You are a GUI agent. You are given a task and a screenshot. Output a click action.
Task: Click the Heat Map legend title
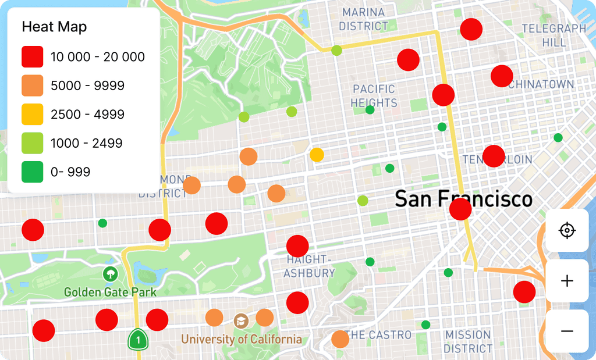coord(54,27)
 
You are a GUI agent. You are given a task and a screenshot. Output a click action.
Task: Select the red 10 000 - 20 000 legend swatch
coord(33,57)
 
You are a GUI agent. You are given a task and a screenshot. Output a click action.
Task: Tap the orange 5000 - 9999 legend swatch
coord(33,85)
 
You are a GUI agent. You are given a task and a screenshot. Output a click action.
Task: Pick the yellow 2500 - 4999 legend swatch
coord(33,115)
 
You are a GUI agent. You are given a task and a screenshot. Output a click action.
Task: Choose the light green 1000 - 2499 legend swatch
coord(33,143)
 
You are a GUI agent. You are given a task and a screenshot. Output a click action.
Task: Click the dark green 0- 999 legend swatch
coord(33,172)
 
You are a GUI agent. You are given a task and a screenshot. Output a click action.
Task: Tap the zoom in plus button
coord(567,281)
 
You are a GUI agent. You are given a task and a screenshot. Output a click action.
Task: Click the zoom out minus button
coord(567,331)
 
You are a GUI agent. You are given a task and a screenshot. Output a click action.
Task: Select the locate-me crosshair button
coord(567,231)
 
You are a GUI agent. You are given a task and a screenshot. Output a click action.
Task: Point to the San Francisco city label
coord(463,199)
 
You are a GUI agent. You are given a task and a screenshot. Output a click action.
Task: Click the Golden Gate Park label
coord(110,291)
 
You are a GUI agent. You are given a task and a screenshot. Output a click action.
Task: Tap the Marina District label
coord(363,19)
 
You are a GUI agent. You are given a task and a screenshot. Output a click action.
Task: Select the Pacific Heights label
coord(374,96)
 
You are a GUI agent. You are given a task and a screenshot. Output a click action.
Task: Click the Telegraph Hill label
coord(554,35)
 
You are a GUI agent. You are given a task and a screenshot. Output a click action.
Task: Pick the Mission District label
coord(468,342)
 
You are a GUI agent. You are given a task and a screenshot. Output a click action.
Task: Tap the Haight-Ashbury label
coord(310,266)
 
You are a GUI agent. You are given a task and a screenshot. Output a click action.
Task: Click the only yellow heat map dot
coord(317,155)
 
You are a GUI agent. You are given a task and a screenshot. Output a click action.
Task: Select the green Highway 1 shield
coord(137,338)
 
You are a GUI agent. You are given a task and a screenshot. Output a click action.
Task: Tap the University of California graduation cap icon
coord(240,320)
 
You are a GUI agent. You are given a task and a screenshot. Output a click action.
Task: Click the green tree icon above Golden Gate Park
coord(109,273)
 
